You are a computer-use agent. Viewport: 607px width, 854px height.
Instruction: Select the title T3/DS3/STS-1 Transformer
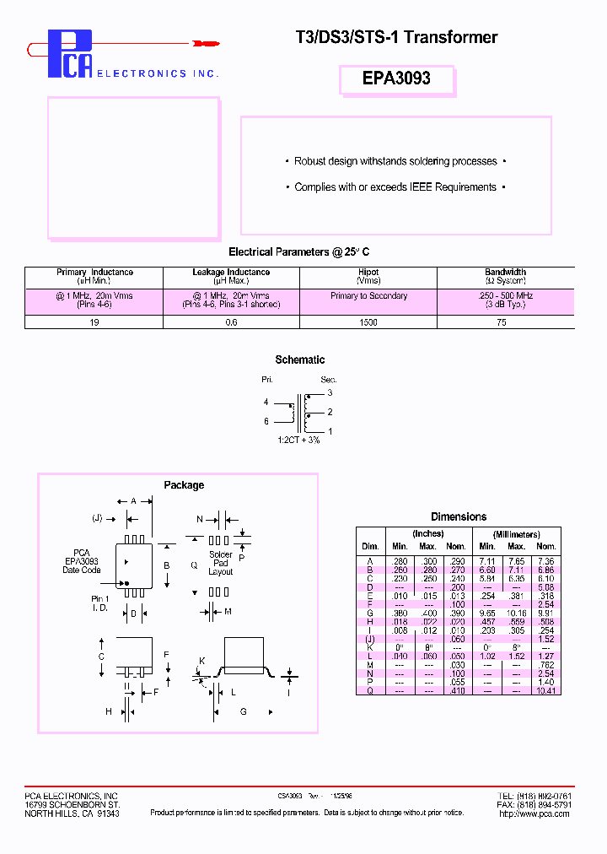point(396,37)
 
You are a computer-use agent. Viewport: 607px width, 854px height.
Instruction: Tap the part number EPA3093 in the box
point(396,78)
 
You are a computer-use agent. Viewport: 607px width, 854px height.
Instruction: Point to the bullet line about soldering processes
point(395,161)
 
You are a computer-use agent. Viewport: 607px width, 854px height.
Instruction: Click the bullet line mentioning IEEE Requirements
point(395,187)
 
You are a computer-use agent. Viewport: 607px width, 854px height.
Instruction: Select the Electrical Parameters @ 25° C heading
point(298,252)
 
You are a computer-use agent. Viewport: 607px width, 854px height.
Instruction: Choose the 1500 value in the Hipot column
point(368,322)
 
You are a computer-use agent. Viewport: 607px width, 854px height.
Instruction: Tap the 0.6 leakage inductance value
point(231,322)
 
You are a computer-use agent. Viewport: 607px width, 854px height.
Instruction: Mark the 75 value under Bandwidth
point(505,322)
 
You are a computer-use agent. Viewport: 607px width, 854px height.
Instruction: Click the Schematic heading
point(300,360)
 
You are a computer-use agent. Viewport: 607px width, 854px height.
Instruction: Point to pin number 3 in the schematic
point(330,393)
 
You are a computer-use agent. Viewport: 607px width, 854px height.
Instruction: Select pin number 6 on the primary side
point(266,421)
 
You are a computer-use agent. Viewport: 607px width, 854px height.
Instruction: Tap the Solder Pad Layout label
point(220,563)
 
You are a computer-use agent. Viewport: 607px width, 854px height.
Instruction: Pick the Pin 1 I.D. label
point(100,603)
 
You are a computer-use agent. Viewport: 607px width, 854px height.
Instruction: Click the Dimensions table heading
point(458,516)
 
